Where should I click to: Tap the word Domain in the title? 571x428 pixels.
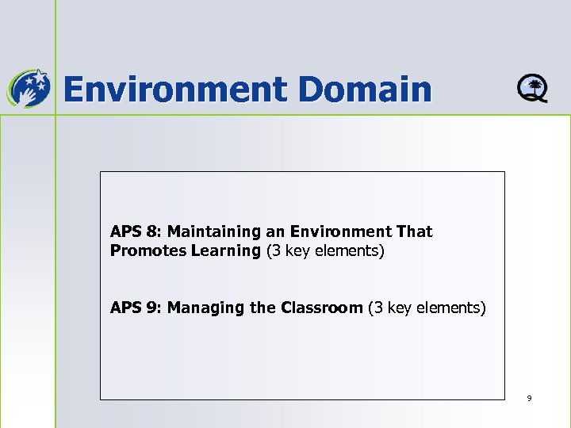click(x=366, y=89)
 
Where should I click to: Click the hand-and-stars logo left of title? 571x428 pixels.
click(x=28, y=87)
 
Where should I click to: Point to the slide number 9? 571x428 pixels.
click(x=529, y=398)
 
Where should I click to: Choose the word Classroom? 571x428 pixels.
click(x=321, y=308)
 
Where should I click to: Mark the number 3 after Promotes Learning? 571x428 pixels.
click(x=274, y=251)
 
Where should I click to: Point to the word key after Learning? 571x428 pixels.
click(x=296, y=251)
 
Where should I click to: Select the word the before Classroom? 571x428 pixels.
click(x=263, y=308)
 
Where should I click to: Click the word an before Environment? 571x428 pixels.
click(x=275, y=232)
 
